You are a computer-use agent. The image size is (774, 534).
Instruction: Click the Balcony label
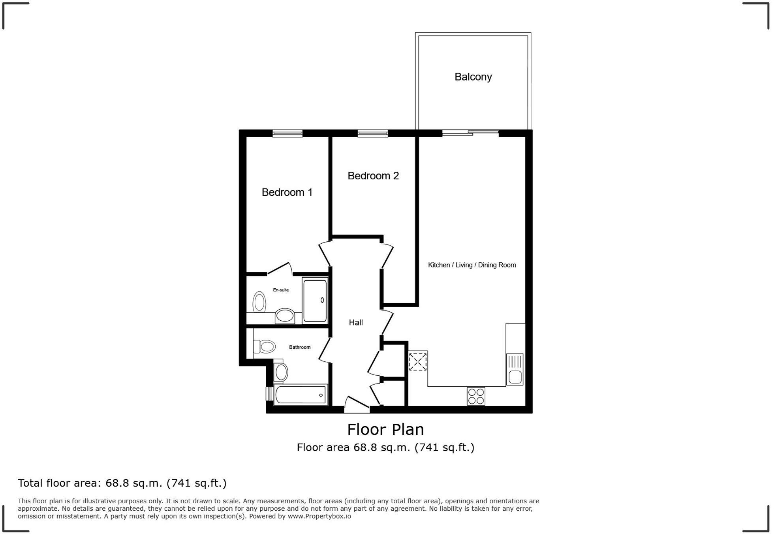(473, 77)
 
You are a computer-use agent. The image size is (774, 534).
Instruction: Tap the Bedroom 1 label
(287, 192)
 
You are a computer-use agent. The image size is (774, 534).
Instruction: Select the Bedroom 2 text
(373, 176)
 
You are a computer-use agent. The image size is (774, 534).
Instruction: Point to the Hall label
(355, 323)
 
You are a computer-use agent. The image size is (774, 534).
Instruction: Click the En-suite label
(281, 290)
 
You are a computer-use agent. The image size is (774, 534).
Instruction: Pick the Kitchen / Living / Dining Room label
(472, 265)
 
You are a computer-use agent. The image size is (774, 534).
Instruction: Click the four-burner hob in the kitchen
(475, 396)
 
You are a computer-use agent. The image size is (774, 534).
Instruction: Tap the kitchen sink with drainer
(515, 369)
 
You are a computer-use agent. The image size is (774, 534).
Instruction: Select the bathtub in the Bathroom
(301, 395)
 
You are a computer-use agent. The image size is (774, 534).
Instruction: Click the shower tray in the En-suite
(315, 301)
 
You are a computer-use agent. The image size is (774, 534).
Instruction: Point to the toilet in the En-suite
(259, 302)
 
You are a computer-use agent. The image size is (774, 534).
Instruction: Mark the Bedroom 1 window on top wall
(287, 133)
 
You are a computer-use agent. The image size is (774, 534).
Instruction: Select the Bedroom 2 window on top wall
(372, 133)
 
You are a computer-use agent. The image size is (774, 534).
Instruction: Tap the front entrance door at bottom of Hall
(357, 407)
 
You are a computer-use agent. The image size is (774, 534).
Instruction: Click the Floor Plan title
(385, 430)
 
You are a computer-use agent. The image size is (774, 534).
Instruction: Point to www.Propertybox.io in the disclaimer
(319, 516)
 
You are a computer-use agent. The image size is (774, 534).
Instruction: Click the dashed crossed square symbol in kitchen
(418, 361)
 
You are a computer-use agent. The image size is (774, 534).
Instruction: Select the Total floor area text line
(122, 483)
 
